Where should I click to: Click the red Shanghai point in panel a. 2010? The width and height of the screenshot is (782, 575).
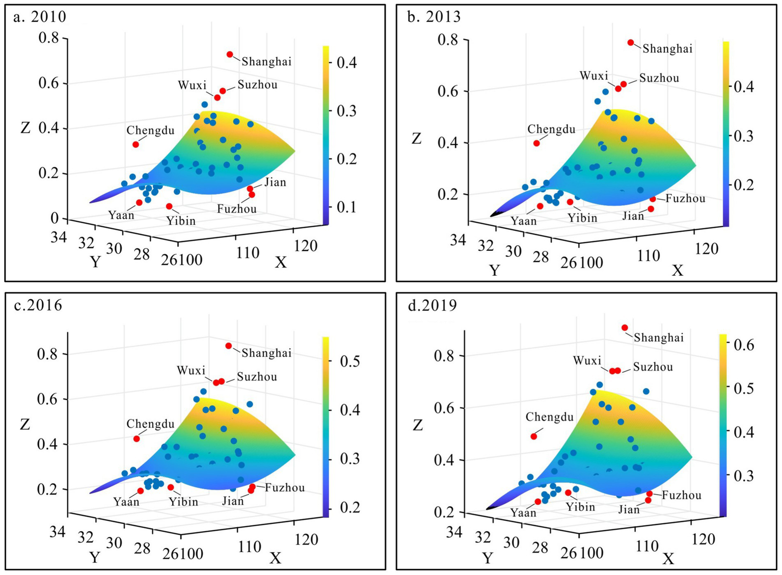pos(230,55)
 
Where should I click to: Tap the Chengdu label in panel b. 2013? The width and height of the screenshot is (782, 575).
pos(551,129)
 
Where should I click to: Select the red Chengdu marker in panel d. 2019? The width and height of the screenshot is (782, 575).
pos(533,436)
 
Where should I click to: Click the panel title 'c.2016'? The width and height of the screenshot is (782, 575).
pos(38,305)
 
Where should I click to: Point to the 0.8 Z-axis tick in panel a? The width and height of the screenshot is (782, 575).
pos(49,38)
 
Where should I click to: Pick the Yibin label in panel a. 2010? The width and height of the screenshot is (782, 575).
pos(181,221)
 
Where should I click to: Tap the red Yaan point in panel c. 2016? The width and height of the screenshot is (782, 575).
pos(141,491)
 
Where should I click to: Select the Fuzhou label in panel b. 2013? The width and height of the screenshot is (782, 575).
pos(685,199)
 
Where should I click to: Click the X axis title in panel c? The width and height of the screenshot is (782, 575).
pos(276,558)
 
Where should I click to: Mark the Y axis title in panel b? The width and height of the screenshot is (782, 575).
pos(494,270)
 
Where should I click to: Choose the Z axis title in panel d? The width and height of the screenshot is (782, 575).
pos(418,425)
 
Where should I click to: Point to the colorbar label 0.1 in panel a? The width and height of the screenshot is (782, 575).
pos(346,207)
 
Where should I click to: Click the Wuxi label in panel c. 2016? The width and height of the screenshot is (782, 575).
pos(191,371)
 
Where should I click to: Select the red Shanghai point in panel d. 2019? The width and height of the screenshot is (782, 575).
pos(625,328)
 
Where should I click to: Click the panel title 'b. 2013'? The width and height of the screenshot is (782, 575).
pos(434,17)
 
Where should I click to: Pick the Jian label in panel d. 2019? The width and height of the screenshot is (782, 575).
pos(629,510)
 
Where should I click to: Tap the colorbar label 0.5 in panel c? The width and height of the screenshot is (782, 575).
pos(349,361)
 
